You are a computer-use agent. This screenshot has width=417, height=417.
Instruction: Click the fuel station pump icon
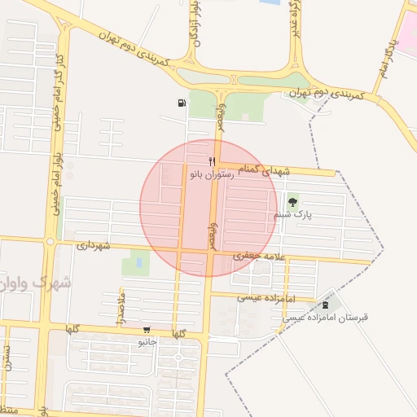(x=180, y=103)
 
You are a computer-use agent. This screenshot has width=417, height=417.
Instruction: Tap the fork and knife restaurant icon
(x=212, y=161)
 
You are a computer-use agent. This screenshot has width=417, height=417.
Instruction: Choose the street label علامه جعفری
(x=257, y=256)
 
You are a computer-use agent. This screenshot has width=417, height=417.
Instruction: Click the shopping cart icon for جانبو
(x=147, y=331)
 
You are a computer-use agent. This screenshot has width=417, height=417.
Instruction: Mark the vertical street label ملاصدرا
(x=122, y=310)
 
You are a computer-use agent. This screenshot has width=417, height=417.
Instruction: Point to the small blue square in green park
(x=138, y=263)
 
